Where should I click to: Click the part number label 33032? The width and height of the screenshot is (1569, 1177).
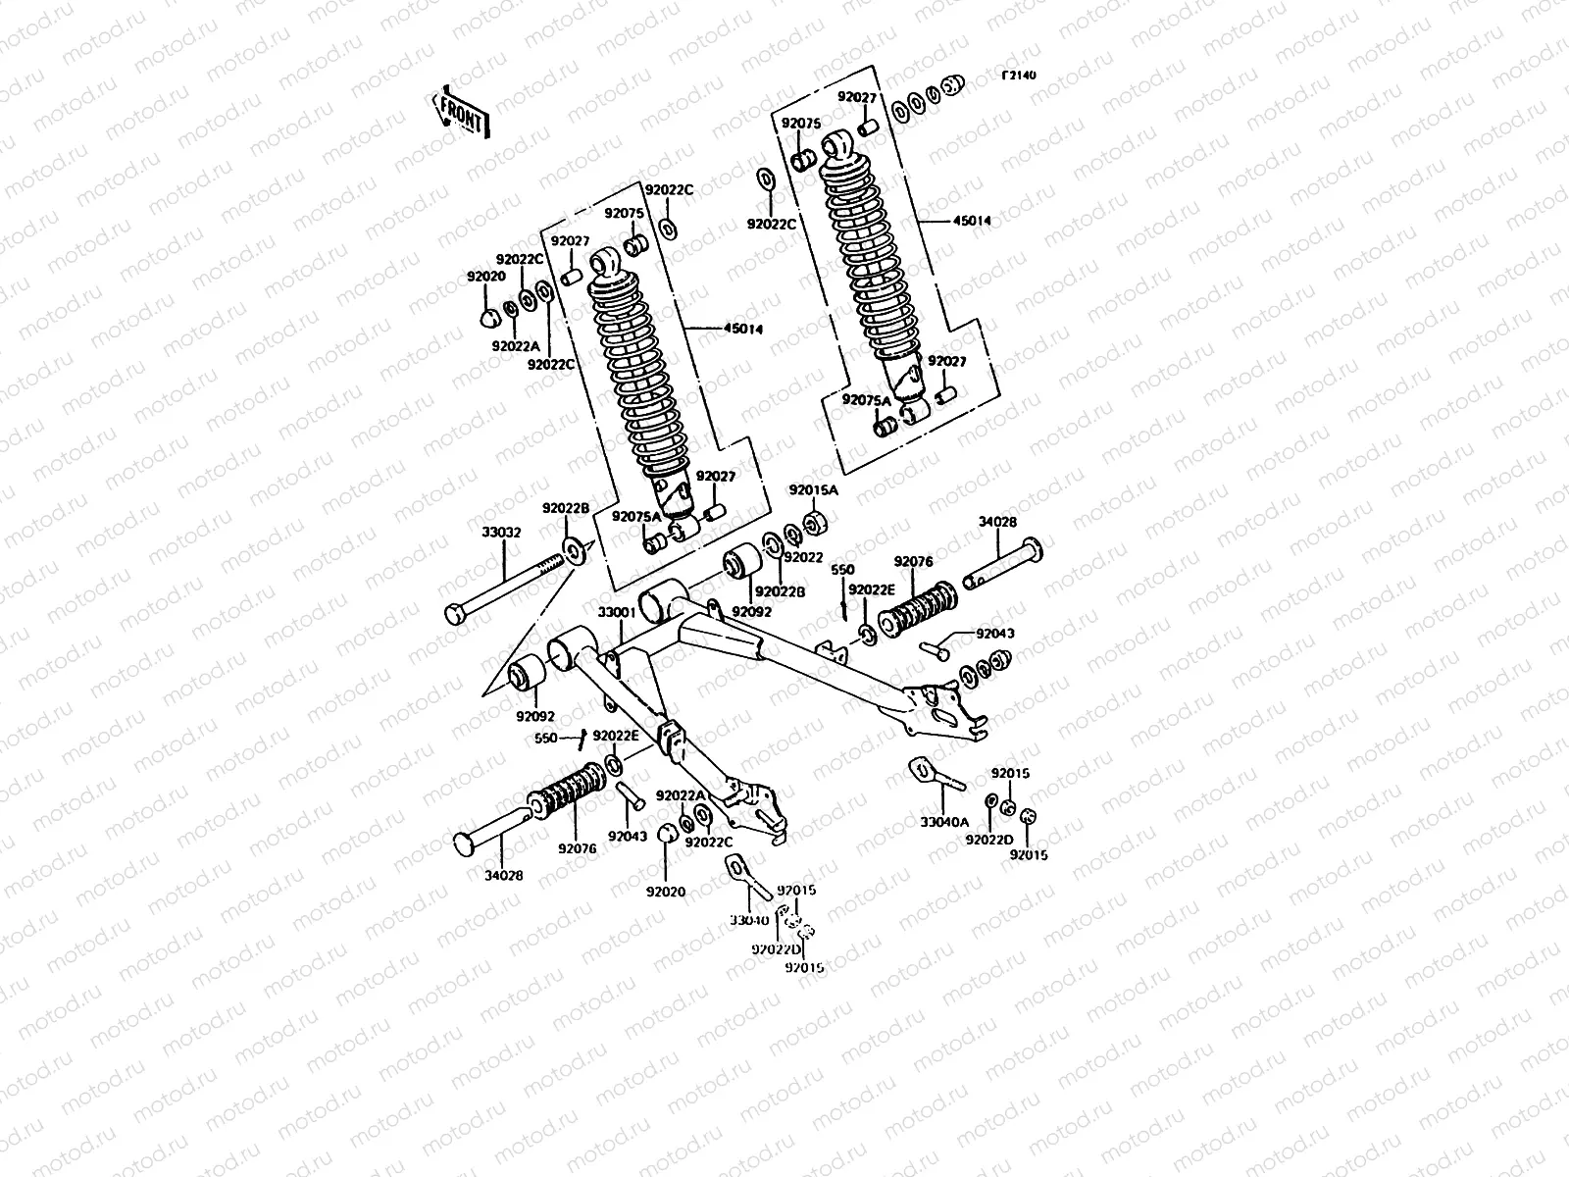[501, 533]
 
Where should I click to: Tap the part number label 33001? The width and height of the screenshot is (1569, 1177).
[617, 612]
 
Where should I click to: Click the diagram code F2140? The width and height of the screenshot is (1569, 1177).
[1019, 75]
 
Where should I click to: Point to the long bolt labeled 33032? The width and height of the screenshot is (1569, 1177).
[510, 585]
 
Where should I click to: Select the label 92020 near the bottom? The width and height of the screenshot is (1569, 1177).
[665, 892]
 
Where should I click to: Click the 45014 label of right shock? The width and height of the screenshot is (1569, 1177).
[972, 221]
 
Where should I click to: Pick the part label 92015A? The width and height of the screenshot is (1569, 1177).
[814, 489]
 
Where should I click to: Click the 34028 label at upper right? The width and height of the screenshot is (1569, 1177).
[997, 523]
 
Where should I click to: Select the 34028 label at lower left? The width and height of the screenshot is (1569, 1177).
[503, 874]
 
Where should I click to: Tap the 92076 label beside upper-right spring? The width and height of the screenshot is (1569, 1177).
[913, 562]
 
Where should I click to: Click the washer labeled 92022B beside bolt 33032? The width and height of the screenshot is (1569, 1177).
[573, 548]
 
